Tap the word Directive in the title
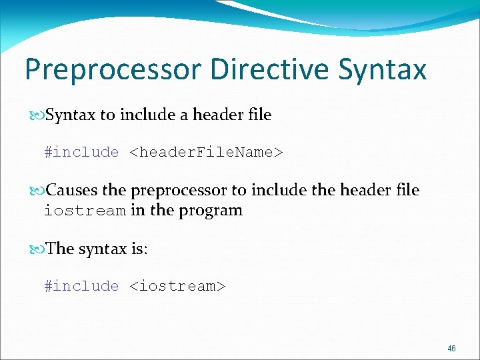(x=267, y=69)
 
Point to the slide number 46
(x=452, y=349)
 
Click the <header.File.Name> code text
(x=206, y=153)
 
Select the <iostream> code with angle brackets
(x=177, y=286)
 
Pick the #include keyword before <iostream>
(x=81, y=286)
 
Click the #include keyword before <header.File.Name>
(x=81, y=153)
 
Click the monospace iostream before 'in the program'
(x=85, y=211)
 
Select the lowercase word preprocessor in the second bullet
(x=179, y=191)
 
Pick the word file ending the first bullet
(x=259, y=115)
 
